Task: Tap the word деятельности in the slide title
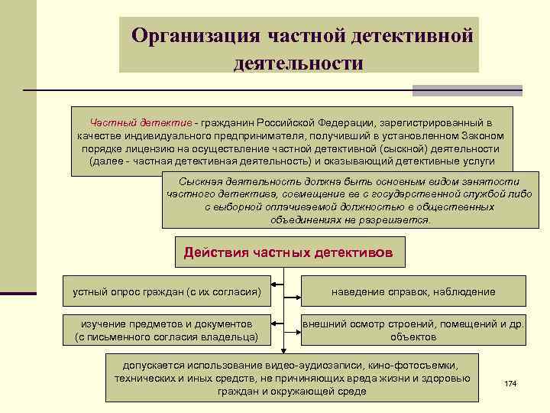click(x=299, y=62)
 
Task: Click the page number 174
click(x=511, y=382)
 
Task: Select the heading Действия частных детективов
click(x=290, y=252)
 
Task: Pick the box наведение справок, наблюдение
click(x=412, y=291)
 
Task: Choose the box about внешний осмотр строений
click(x=412, y=330)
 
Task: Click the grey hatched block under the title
click(x=467, y=90)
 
